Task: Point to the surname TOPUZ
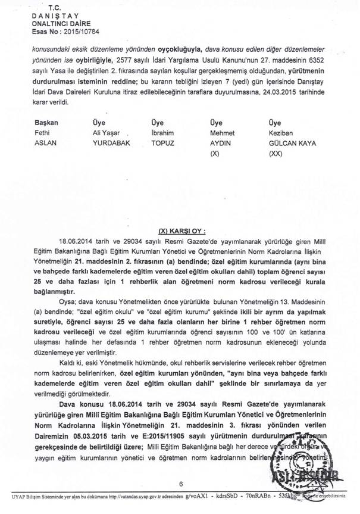point(164,144)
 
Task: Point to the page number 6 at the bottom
point(180,484)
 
